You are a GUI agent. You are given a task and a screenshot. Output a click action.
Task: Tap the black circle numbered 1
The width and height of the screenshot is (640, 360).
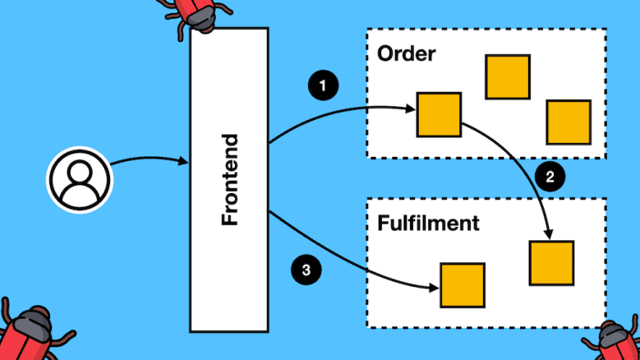point(323,84)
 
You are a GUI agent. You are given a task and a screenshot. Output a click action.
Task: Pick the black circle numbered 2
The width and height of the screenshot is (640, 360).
point(550,175)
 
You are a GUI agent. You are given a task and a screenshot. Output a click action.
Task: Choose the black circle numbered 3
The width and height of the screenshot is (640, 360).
point(306,270)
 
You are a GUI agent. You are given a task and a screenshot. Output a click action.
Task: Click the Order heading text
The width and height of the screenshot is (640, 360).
point(406,54)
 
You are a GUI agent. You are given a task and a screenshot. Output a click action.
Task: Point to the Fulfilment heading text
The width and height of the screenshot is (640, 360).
point(428,223)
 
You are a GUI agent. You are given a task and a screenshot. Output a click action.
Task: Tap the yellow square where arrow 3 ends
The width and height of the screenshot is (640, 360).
point(462,284)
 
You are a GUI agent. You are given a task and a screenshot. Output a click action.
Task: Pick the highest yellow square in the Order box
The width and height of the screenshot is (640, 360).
point(507,77)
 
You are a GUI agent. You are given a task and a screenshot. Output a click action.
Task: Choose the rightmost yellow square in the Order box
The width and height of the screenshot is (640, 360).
point(569,122)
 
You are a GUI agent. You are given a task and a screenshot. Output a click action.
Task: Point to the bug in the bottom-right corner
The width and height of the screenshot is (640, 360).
point(615,339)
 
